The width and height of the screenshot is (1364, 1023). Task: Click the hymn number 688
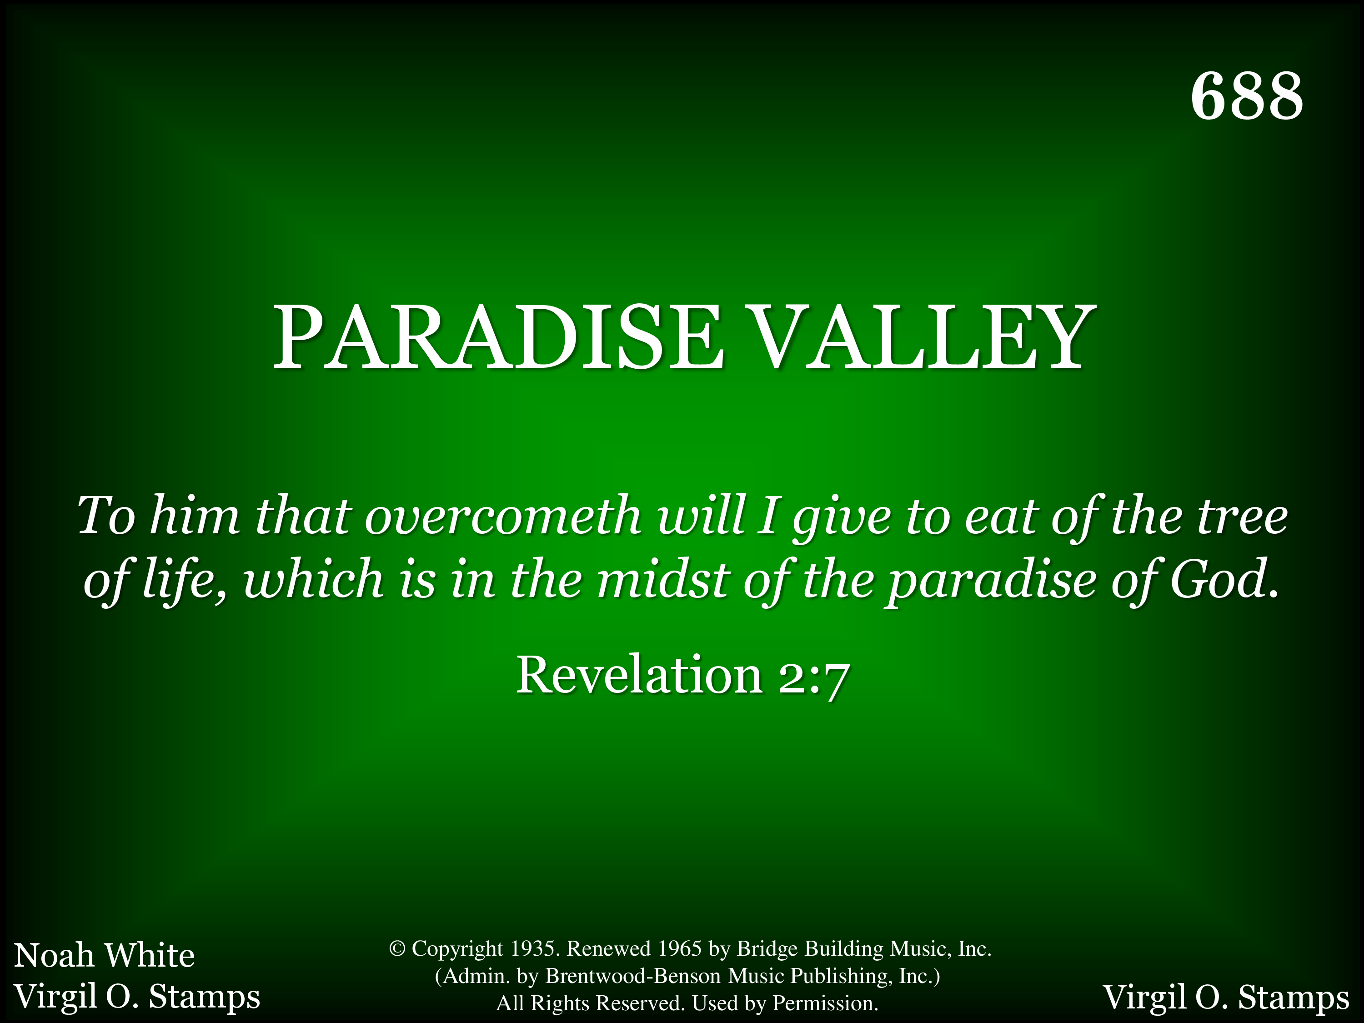click(x=1247, y=96)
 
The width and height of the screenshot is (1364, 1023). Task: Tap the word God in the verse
click(x=1224, y=579)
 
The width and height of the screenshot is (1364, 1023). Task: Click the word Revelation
click(x=639, y=675)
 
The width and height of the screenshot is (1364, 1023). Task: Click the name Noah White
click(x=104, y=955)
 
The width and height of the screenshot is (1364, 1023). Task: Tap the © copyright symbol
click(x=397, y=948)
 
